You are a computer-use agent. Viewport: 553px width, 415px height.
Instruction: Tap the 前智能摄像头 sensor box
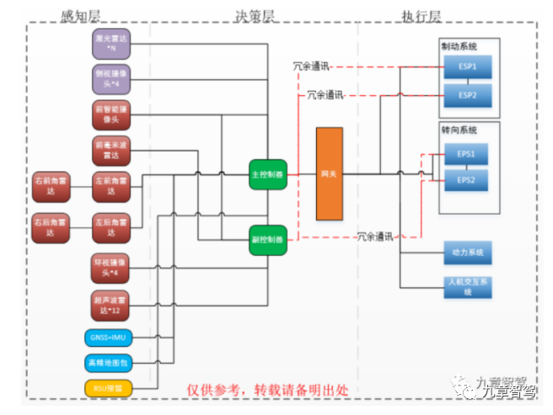(x=110, y=114)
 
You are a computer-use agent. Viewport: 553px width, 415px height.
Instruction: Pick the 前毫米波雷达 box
(x=110, y=150)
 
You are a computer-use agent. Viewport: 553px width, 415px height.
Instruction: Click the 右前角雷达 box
(x=54, y=186)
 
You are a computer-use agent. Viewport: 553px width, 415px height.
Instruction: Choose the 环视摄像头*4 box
(x=110, y=268)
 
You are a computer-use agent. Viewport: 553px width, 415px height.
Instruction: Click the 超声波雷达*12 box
(x=110, y=304)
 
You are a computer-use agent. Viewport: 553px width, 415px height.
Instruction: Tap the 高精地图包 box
(x=110, y=364)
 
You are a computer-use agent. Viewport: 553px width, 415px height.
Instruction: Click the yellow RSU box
(x=110, y=388)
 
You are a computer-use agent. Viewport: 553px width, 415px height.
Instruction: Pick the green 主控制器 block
(x=267, y=175)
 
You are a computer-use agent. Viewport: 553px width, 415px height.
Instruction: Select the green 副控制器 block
(x=267, y=240)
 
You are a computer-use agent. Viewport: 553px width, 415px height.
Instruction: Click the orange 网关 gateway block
(x=330, y=174)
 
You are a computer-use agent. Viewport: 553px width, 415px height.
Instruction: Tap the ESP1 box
(x=467, y=67)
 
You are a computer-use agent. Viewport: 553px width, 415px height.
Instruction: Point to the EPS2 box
(x=466, y=180)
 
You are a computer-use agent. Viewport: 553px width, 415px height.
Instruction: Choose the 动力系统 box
(x=467, y=253)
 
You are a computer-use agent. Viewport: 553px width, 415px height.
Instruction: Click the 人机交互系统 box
(x=467, y=285)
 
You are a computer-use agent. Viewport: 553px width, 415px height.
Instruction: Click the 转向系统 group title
(x=459, y=131)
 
